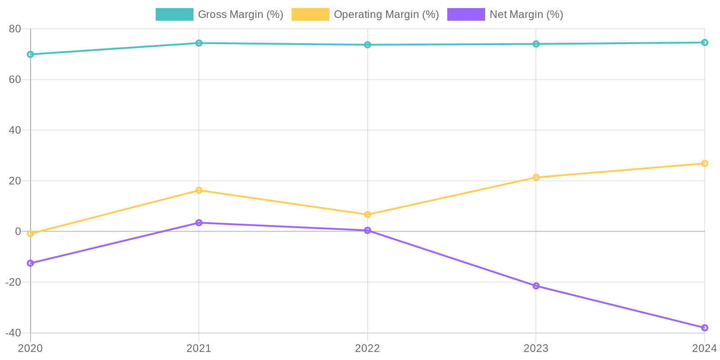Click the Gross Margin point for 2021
coord(199,43)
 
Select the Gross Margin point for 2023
coord(536,44)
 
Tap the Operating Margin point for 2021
coord(199,190)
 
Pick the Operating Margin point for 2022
coord(368,215)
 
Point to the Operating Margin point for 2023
coord(536,177)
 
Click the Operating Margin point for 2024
coord(704,163)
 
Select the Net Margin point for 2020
coord(31,263)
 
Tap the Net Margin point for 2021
coord(199,223)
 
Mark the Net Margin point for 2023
coord(536,286)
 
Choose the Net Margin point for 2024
coord(704,328)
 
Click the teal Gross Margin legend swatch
coord(175,14)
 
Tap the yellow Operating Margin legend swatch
coord(310,14)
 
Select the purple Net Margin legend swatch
coord(466,14)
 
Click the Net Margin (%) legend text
coord(526,14)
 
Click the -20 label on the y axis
coord(13,282)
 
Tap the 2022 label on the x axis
coord(368,348)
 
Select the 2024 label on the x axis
coord(704,348)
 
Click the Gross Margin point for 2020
coord(31,54)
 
